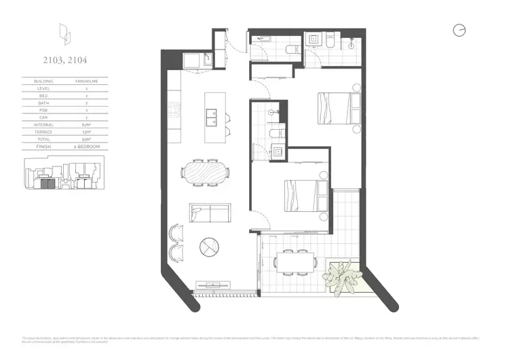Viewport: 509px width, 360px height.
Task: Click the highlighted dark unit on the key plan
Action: [46, 183]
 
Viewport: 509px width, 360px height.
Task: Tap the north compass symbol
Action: [459, 31]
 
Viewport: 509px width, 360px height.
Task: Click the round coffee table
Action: [209, 247]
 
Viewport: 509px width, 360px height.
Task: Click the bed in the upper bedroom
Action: [335, 108]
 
